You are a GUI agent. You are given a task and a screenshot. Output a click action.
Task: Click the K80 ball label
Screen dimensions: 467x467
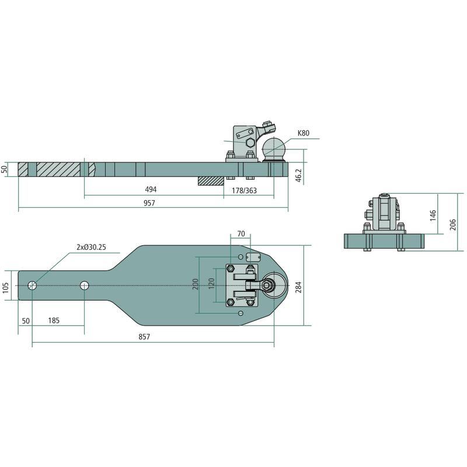point(304,133)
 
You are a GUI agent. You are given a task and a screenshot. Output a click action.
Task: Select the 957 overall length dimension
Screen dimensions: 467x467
point(149,203)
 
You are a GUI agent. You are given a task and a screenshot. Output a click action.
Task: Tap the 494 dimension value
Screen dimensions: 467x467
point(151,189)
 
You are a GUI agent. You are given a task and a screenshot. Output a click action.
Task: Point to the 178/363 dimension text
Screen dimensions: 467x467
point(244,191)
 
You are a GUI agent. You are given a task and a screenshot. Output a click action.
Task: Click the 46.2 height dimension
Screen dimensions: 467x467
point(299,175)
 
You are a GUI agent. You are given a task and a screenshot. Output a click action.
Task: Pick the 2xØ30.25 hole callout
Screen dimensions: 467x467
point(92,247)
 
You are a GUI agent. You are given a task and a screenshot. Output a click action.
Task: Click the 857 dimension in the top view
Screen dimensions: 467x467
point(144,337)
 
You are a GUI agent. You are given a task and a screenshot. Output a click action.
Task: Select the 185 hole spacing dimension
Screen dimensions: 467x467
point(54,320)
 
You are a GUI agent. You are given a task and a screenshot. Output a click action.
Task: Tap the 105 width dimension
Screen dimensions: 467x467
point(5,288)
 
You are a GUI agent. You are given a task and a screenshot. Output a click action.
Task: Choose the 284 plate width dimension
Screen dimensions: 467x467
point(298,287)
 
